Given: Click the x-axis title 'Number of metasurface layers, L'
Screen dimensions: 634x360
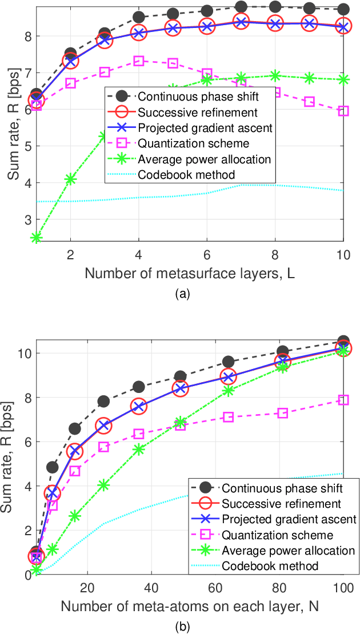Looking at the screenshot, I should point(190,273).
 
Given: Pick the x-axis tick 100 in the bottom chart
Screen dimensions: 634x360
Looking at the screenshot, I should point(343,587).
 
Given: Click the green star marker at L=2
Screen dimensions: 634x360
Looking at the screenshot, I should point(70,179).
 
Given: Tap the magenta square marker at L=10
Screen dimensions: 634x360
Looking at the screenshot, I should point(343,111).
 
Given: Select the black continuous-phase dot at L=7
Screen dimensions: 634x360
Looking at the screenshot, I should point(241,7).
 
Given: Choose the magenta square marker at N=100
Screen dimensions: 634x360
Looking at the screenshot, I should point(343,400).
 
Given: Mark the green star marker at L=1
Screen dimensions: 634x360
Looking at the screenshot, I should point(36,238).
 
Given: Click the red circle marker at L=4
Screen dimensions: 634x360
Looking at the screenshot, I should point(138,33).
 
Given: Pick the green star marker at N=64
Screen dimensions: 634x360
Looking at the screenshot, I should point(229,391).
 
